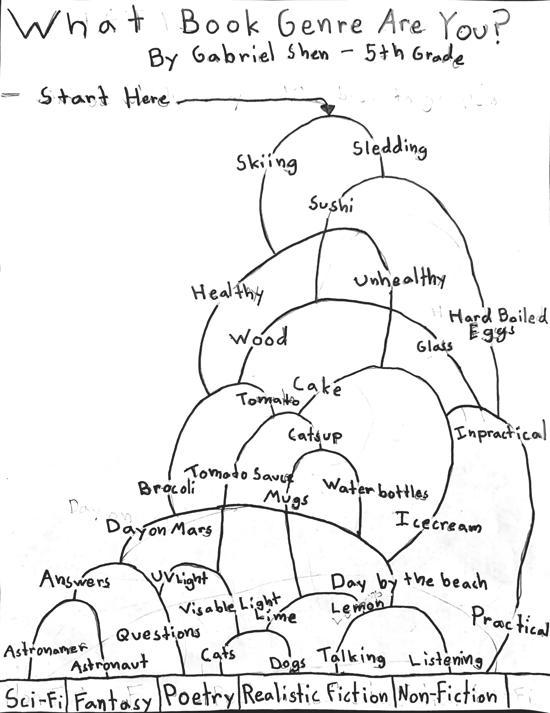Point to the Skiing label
click(x=267, y=163)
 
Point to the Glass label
click(x=434, y=346)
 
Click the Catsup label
click(x=315, y=435)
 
